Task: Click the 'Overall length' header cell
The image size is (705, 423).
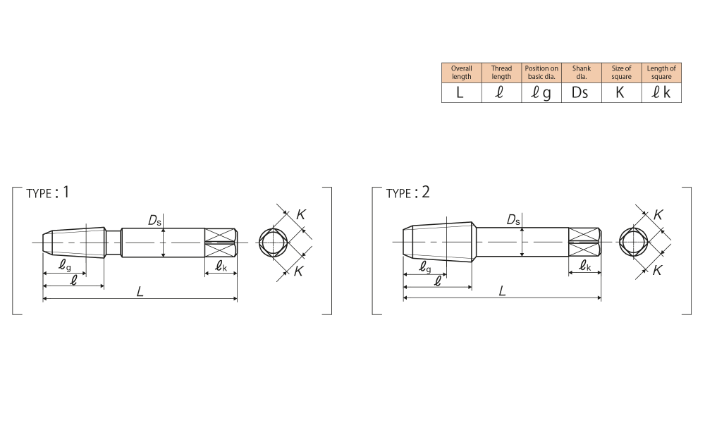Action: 461,73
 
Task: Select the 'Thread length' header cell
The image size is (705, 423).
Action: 501,73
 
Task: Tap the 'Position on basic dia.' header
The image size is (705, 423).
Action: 541,73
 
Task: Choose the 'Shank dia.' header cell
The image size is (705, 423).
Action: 582,73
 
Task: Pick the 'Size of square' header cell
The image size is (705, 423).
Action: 621,73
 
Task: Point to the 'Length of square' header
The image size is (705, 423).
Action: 661,73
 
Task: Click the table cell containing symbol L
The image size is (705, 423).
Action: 461,92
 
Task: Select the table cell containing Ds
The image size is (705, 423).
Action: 582,92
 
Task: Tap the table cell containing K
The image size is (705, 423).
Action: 621,92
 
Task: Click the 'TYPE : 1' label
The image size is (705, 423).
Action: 48,193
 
